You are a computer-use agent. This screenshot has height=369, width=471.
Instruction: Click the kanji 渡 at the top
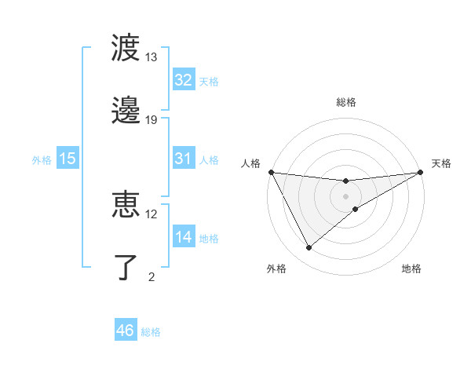[x=126, y=49]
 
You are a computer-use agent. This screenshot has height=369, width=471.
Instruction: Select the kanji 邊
[x=126, y=110]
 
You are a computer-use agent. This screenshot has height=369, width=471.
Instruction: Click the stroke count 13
[x=152, y=58]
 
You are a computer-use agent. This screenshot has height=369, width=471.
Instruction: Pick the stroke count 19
[x=152, y=120]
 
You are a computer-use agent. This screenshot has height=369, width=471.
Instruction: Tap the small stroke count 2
[x=152, y=276]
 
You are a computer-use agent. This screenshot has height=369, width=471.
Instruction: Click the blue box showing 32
[x=184, y=80]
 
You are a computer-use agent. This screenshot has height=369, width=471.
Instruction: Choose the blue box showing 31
[x=184, y=159]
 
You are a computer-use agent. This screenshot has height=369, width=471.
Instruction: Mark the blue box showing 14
[x=184, y=237]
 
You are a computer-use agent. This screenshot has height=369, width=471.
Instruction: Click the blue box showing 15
[x=68, y=159]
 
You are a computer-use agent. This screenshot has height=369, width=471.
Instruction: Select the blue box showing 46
[x=126, y=331]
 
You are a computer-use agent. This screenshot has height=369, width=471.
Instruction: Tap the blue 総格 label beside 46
[x=151, y=332]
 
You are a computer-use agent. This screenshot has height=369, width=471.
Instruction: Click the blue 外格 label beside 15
[x=42, y=159]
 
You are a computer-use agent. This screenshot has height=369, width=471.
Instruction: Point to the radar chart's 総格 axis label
[x=346, y=102]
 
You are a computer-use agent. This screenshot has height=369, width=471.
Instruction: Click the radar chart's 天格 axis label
[x=441, y=163]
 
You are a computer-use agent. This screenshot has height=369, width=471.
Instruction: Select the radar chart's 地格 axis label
[x=411, y=269]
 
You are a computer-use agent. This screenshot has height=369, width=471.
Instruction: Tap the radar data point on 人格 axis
[x=271, y=171]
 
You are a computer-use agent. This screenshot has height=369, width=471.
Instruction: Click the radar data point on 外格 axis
[x=309, y=248]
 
